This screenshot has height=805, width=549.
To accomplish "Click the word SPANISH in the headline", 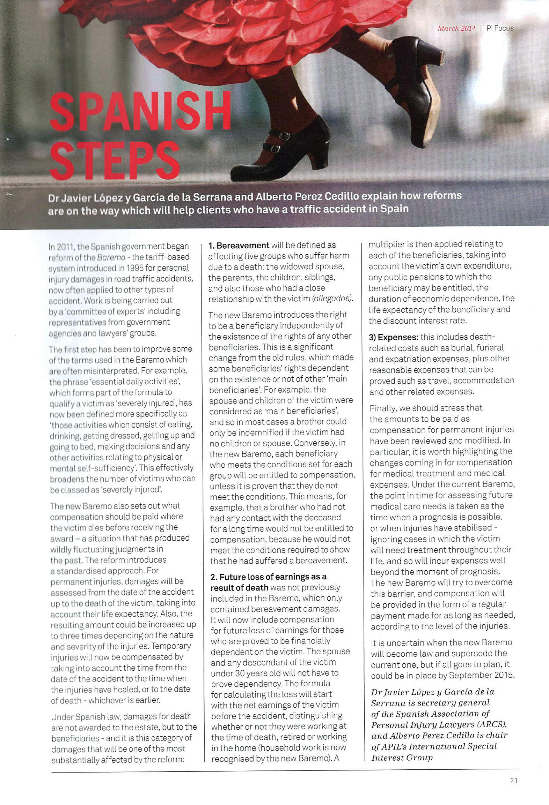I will [140, 112].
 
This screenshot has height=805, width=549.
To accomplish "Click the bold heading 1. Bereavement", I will [239, 245].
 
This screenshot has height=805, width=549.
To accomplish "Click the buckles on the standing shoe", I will [280, 142].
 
